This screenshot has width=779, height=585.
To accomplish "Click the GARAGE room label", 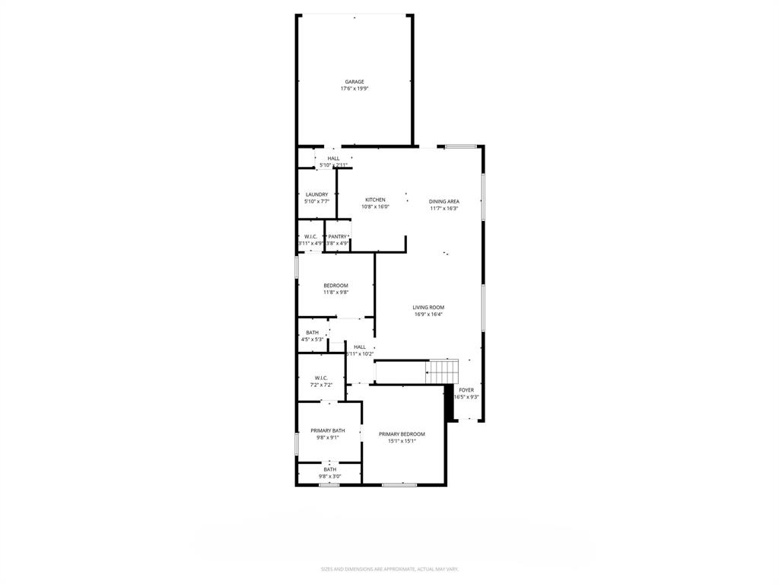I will [355, 82].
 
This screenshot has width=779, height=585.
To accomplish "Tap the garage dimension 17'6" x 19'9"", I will [355, 88].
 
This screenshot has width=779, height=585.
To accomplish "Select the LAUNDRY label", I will [316, 194].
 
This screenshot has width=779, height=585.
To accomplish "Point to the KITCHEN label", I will [375, 200].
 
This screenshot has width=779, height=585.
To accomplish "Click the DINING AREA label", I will [444, 201].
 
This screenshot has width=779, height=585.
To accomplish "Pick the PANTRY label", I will [337, 237].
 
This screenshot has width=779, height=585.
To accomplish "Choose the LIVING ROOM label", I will [428, 307].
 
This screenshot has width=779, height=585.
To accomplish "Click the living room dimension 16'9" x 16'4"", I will [428, 314].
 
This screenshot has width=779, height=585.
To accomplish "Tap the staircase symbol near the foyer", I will [443, 371].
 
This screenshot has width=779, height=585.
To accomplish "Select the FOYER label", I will [466, 390].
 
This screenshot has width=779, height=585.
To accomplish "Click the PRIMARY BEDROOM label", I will [402, 434].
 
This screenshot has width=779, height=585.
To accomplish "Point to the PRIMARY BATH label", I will [327, 430].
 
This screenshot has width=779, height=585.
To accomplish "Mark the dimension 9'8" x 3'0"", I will [329, 476].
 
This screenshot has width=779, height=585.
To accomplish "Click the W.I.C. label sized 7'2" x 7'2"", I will [321, 378].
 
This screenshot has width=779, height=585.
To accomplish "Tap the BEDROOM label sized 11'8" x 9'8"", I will [335, 286].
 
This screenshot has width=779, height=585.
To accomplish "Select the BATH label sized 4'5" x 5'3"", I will [312, 332].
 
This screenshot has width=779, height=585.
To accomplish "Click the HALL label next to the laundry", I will [334, 158].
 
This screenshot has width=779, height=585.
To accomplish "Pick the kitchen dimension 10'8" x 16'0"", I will [375, 206].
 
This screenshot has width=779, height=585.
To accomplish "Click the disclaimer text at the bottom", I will [389, 569].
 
